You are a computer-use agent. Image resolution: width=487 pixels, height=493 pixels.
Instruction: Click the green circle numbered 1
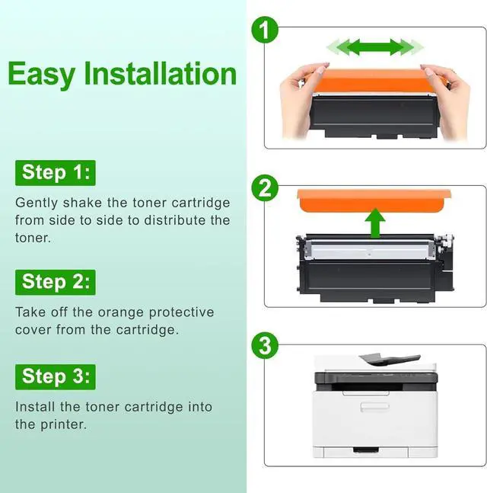click(x=265, y=30)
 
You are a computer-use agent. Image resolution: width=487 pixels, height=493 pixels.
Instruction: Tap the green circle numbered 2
click(x=265, y=188)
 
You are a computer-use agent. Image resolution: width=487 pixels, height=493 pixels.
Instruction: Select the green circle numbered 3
click(x=265, y=346)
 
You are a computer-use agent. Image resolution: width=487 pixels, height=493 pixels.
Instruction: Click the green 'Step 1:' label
click(x=56, y=173)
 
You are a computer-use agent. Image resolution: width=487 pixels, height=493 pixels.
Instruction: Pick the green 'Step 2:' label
click(x=56, y=283)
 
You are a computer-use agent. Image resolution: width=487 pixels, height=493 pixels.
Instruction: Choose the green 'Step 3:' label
click(x=56, y=377)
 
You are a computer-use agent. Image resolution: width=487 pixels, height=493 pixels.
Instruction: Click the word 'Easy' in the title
click(x=41, y=75)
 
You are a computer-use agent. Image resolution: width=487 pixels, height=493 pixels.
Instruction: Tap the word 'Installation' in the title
click(x=160, y=73)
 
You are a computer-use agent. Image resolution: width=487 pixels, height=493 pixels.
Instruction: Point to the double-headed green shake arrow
click(x=375, y=47)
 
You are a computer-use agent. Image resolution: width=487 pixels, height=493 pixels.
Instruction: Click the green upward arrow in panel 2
click(x=375, y=222)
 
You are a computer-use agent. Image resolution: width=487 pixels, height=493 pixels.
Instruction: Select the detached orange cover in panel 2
click(x=374, y=200)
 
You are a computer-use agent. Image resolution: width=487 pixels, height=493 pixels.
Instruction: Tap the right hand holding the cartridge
click(x=447, y=101)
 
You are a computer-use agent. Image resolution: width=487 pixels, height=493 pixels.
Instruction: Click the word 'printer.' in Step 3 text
click(x=63, y=424)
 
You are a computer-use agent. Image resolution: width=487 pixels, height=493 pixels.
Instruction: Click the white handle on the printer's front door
click(x=374, y=406)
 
